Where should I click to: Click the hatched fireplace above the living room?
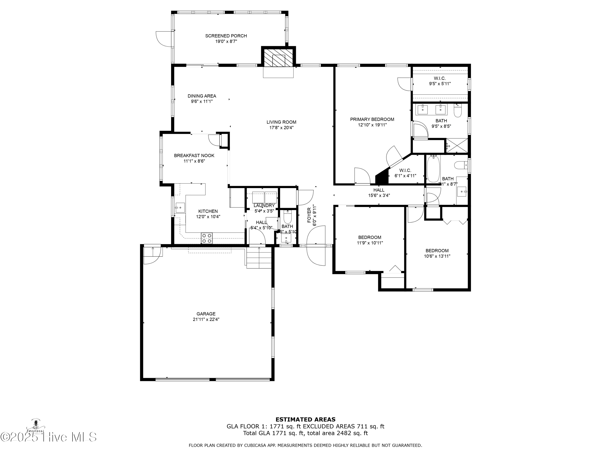[x=278, y=57]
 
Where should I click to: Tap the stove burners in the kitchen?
[x=207, y=238]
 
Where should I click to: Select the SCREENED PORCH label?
[x=226, y=36]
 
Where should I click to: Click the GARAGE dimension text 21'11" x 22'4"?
[x=206, y=319]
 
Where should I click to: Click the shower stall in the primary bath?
[x=457, y=146]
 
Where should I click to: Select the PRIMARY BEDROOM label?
[x=372, y=119]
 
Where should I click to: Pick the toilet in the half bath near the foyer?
[x=288, y=217]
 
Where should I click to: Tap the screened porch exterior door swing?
[x=164, y=39]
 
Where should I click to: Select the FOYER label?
[x=309, y=215]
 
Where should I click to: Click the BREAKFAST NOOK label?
[x=194, y=156]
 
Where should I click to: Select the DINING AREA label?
[x=202, y=96]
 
